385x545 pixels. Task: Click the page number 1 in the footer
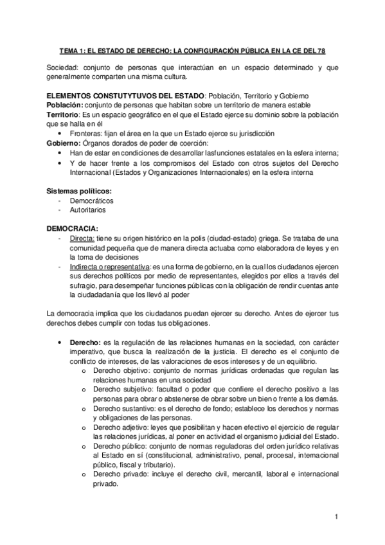coord(336,516)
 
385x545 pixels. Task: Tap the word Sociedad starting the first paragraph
coord(64,66)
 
